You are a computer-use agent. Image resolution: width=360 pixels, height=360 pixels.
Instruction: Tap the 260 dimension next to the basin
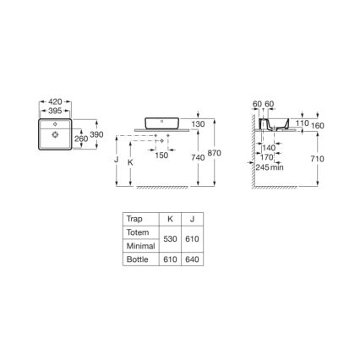[x=81, y=139]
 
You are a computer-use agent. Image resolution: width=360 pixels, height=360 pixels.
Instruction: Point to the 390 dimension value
[x=96, y=135]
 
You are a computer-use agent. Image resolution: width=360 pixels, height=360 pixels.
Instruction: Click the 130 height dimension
[x=198, y=124]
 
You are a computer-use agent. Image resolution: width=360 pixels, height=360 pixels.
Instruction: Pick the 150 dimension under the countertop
[x=161, y=155]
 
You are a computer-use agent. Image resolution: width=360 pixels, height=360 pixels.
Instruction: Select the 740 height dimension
[x=197, y=158]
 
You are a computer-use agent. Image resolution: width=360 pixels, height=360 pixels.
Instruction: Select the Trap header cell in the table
[x=134, y=217]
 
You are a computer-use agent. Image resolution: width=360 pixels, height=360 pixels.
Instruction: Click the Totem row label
[x=137, y=232]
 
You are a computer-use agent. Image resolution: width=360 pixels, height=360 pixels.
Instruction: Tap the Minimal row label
[x=139, y=246]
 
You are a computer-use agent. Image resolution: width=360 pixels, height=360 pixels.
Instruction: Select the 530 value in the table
[x=170, y=239]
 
